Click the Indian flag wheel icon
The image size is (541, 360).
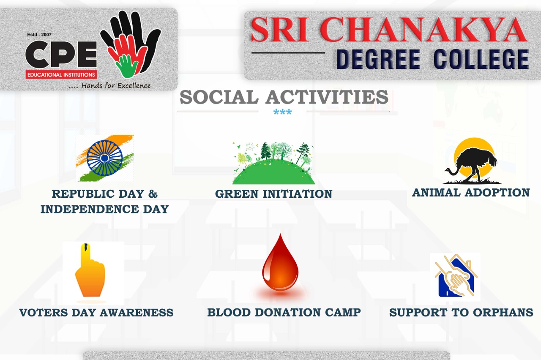tap(104, 158)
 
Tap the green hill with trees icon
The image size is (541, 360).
tap(273, 163)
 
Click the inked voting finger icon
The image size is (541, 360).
tap(90, 270)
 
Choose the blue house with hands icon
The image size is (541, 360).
tap(455, 276)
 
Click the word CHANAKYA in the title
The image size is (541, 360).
tap(424, 30)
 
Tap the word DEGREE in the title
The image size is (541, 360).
tap(378, 59)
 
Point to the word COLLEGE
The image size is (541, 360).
tap(481, 59)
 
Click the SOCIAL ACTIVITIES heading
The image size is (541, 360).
tap(284, 97)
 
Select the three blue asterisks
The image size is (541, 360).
tap(283, 112)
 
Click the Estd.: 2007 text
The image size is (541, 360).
tap(39, 35)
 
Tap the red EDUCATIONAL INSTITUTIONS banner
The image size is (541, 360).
tap(61, 75)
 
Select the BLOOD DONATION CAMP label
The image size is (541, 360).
tap(284, 312)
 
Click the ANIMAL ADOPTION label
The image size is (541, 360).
tap(471, 193)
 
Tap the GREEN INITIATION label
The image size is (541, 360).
tap(273, 194)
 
